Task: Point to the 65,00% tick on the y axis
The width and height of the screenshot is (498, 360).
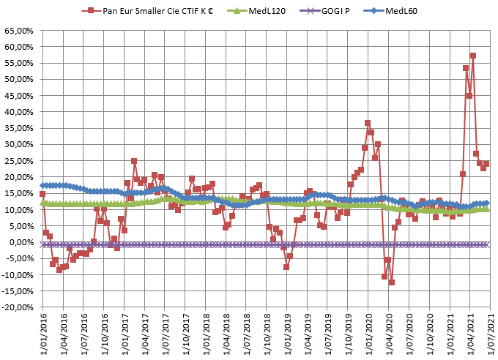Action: (19, 31)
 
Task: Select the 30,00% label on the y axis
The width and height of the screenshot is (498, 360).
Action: (19, 145)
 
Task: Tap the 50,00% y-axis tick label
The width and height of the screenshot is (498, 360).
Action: (19, 80)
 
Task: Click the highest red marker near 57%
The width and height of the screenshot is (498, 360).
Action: (473, 56)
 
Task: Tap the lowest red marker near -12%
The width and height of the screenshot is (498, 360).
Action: (392, 282)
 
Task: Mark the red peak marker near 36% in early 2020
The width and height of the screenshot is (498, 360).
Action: (368, 123)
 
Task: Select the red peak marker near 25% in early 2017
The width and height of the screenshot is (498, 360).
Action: (134, 161)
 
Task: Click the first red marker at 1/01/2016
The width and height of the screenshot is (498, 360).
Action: (42, 195)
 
